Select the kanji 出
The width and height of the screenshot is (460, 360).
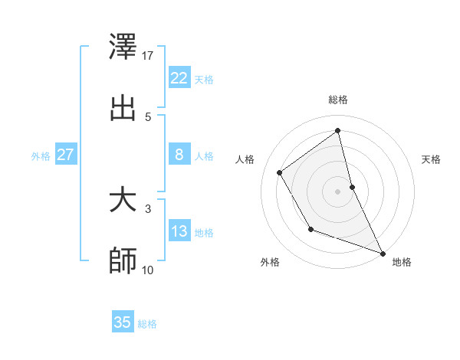tap(123, 108)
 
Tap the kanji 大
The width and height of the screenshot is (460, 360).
tap(123, 201)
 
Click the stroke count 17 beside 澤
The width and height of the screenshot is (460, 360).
tap(149, 55)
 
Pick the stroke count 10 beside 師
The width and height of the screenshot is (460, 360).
tap(149, 270)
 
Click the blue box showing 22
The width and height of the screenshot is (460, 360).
tap(179, 77)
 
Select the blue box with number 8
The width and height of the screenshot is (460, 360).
tap(179, 155)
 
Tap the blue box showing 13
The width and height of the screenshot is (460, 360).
tap(179, 231)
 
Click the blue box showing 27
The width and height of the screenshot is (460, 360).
tap(66, 155)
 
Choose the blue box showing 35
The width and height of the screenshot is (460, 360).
tap(123, 322)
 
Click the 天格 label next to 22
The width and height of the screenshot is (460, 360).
tap(204, 79)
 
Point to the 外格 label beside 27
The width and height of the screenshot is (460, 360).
tap(41, 155)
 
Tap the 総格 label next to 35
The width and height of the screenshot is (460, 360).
tap(147, 324)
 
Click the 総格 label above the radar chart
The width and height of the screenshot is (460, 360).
tap(338, 100)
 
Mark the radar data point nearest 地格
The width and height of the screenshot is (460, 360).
tap(383, 253)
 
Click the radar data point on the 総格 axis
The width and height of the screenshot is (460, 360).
tap(338, 130)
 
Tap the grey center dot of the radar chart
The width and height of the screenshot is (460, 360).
tap(338, 191)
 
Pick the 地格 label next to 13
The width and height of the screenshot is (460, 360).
tap(204, 233)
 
